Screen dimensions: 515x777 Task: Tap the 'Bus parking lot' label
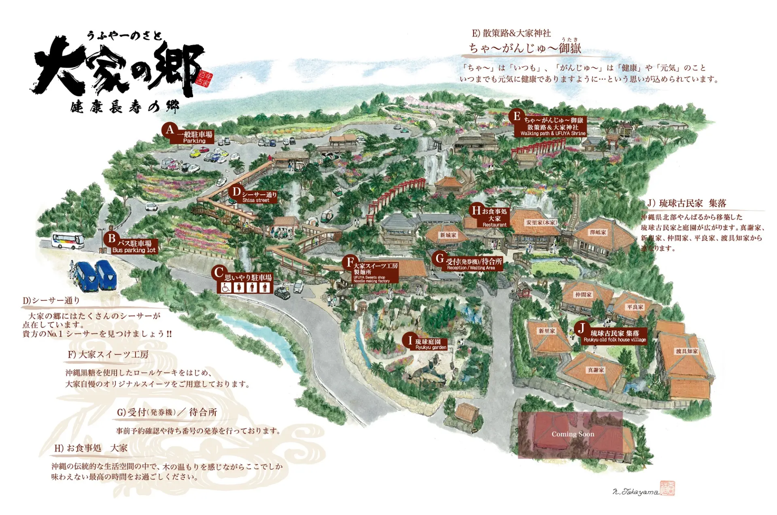(134, 250)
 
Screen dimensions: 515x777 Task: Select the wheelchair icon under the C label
(226, 287)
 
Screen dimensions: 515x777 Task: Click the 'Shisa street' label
(256, 200)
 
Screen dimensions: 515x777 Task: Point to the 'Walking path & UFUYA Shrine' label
(553, 133)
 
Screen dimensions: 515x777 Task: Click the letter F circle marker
(350, 262)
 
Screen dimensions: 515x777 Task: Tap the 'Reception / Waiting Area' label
(471, 268)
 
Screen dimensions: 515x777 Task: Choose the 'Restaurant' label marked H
(494, 225)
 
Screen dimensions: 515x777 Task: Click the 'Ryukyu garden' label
(431, 347)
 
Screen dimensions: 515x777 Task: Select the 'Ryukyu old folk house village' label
(614, 340)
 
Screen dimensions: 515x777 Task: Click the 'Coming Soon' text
(573, 434)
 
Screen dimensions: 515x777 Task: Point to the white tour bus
(68, 240)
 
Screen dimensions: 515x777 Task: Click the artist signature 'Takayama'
(636, 492)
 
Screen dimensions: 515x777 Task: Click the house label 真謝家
(596, 370)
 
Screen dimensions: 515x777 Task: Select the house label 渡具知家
(687, 351)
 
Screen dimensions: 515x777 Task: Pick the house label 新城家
(448, 235)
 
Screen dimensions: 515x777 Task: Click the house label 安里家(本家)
(541, 222)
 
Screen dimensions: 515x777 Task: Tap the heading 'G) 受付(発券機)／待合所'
(167, 412)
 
